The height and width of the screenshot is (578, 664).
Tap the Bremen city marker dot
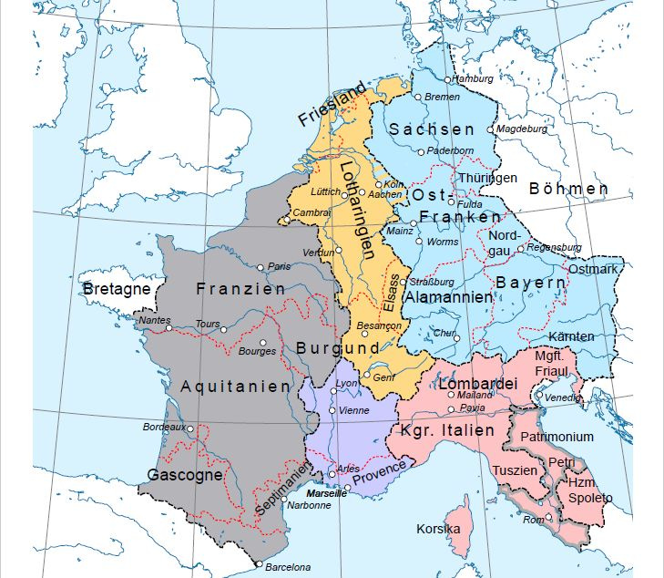pyautogui.click(x=418, y=97)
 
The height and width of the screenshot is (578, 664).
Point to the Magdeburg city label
pyautogui.click(x=521, y=129)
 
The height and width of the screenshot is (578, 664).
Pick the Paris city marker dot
pyautogui.click(x=261, y=267)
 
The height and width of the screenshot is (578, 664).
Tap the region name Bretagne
pyautogui.click(x=115, y=289)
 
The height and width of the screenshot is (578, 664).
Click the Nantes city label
pyautogui.click(x=153, y=320)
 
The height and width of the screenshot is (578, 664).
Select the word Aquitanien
pyautogui.click(x=235, y=386)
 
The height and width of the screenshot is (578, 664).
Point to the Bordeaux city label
pyautogui.click(x=164, y=427)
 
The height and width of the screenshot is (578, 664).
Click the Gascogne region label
pyautogui.click(x=185, y=475)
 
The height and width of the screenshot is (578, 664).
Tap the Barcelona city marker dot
pyautogui.click(x=260, y=565)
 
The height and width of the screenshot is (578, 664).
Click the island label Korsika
pyautogui.click(x=438, y=529)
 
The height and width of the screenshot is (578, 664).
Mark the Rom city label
pyautogui.click(x=533, y=519)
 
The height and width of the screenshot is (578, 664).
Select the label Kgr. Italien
pyautogui.click(x=446, y=430)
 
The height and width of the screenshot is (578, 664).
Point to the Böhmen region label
pyautogui.click(x=568, y=190)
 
